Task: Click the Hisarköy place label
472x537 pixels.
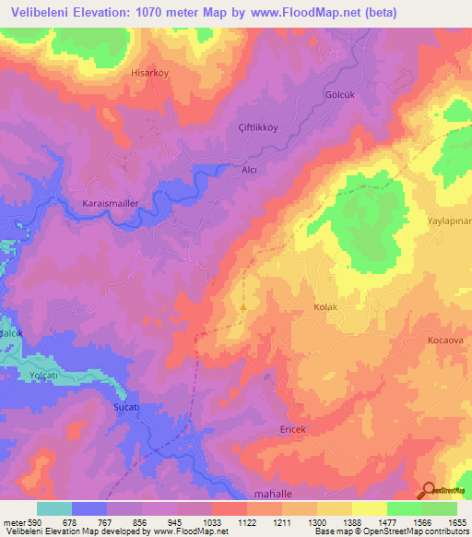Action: click(156, 71)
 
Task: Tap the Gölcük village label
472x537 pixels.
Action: click(313, 95)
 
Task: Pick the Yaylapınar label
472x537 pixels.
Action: click(449, 221)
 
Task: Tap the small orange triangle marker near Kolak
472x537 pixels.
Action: click(243, 306)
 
